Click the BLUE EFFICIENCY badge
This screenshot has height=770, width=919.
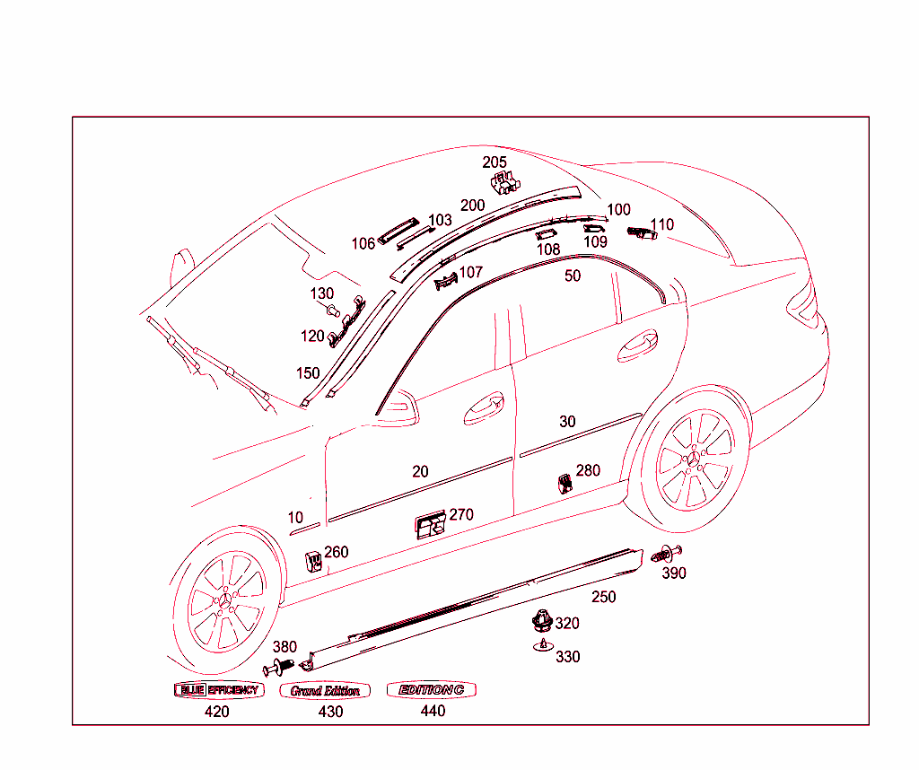click(x=218, y=690)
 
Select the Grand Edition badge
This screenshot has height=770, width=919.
click(x=325, y=691)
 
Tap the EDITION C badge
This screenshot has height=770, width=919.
click(x=431, y=690)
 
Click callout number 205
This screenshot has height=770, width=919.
click(x=495, y=162)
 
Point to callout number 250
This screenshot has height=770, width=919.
click(x=603, y=597)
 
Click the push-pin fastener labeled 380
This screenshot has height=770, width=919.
click(x=279, y=667)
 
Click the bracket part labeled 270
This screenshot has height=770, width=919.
click(x=431, y=527)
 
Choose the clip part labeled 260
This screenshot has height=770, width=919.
click(x=313, y=559)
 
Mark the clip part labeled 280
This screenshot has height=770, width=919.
click(x=565, y=482)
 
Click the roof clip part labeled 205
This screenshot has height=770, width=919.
click(x=504, y=182)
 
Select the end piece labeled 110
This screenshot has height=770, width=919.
click(x=642, y=234)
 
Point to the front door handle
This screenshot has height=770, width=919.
click(x=483, y=407)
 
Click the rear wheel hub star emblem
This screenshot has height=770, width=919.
click(x=694, y=460)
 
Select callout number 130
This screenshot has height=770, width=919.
click(x=321, y=293)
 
